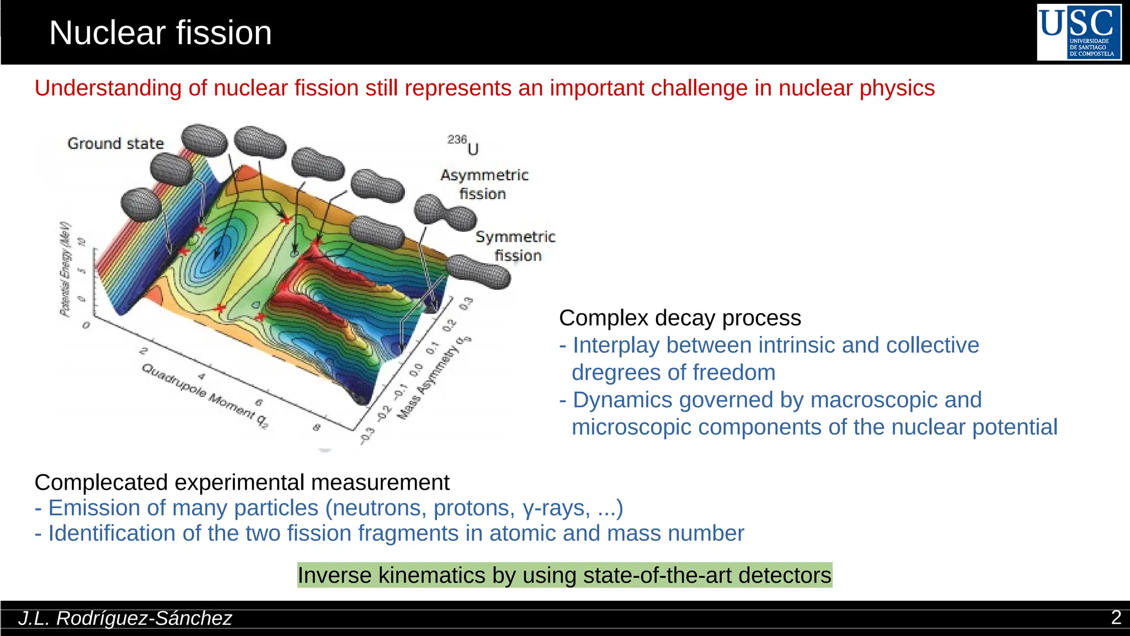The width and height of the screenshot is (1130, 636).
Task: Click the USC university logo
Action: coord(1079,32)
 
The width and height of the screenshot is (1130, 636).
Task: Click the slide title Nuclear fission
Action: coord(160,33)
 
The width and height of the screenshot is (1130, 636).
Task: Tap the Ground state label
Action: coord(115,144)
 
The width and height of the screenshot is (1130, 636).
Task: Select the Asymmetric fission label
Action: coord(484,184)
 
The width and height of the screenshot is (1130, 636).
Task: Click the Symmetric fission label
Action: coord(515,246)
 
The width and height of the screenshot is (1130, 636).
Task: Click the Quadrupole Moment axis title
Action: coord(205,395)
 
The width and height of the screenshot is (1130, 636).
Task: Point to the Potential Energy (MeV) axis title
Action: coord(66,269)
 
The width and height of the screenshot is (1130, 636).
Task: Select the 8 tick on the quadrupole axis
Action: coord(316,427)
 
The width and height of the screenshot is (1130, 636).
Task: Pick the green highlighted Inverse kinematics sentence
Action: coord(564,575)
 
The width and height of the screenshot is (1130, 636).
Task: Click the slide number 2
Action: coord(1116,617)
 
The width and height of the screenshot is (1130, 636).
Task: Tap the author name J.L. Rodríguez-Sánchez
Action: coord(125,618)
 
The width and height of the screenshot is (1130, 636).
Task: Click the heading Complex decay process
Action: coord(680,318)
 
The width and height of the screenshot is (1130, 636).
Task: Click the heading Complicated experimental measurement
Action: coord(242,483)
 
